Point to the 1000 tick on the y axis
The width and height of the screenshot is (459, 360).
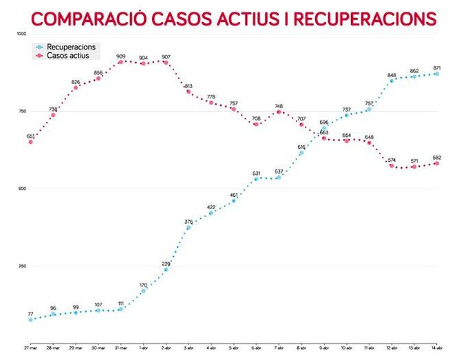click(21, 34)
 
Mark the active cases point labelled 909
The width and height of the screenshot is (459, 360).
click(120, 62)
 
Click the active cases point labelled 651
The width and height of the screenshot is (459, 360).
click(30, 142)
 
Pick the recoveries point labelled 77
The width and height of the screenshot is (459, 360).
click(30, 320)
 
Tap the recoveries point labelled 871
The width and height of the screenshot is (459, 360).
click(436, 74)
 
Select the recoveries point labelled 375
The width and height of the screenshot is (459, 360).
click(189, 227)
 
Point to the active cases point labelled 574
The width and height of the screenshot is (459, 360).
click(392, 166)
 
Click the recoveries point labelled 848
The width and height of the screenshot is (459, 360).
click(392, 81)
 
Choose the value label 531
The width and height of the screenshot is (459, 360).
click(256, 173)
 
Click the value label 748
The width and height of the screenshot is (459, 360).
click(279, 106)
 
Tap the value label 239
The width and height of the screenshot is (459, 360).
click(166, 263)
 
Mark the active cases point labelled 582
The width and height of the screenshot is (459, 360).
click(436, 163)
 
